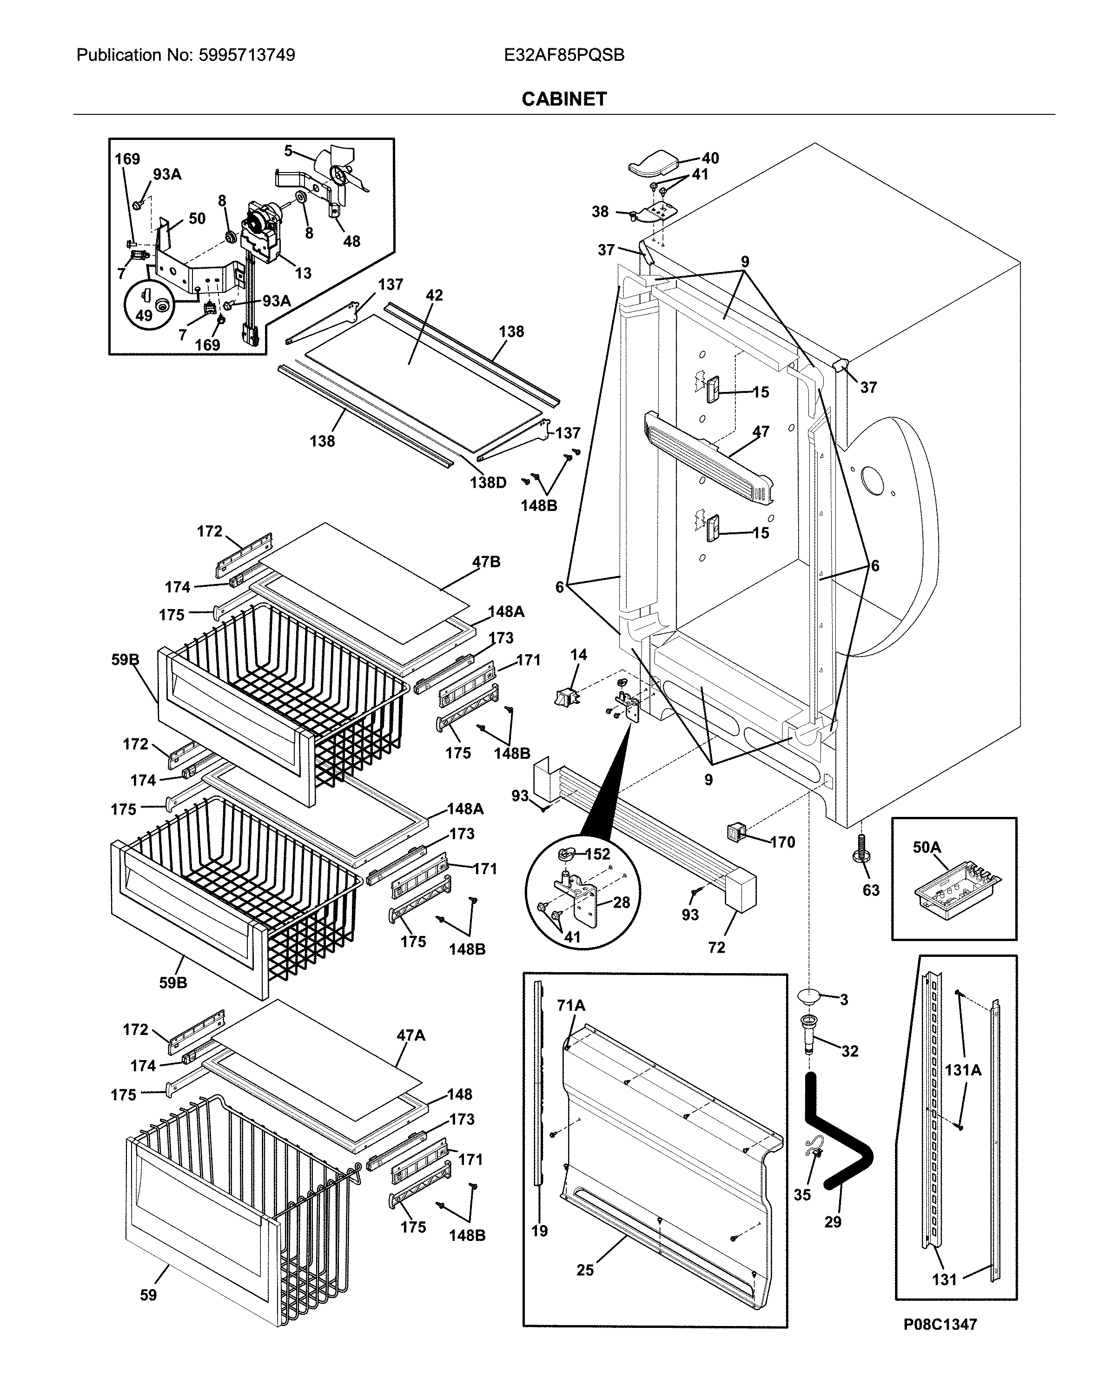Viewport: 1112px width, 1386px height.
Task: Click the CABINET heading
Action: point(564,99)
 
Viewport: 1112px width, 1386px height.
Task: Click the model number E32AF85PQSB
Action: point(564,55)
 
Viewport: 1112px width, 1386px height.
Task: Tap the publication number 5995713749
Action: point(246,55)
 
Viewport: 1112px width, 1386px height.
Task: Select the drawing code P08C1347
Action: point(940,1324)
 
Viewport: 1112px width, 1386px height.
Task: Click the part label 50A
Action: point(926,847)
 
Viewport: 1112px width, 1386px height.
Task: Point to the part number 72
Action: point(716,947)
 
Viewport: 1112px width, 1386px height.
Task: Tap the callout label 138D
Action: point(488,482)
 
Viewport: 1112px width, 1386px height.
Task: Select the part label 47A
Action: point(411,1035)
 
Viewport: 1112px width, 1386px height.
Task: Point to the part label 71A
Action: point(571,1005)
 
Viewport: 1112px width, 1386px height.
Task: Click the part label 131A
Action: point(962,1070)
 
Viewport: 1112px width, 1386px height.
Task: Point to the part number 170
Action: point(782,842)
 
